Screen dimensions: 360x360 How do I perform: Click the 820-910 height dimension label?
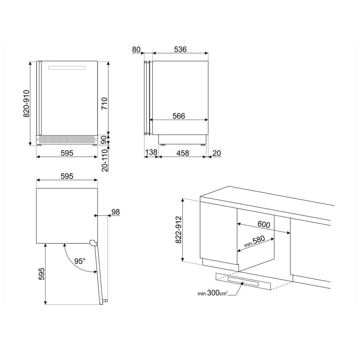[x=27, y=104]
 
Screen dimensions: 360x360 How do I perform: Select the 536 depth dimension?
[x=180, y=49]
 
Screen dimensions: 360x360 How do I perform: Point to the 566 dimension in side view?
[x=179, y=116]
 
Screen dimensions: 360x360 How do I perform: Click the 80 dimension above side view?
[x=136, y=49]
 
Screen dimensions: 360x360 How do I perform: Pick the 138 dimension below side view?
[x=151, y=152]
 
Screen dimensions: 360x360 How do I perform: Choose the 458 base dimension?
[x=183, y=153]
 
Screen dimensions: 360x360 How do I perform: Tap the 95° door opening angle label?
[x=80, y=261]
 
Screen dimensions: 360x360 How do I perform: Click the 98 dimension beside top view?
[x=116, y=212]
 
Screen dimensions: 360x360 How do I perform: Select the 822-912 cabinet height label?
[x=179, y=230]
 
